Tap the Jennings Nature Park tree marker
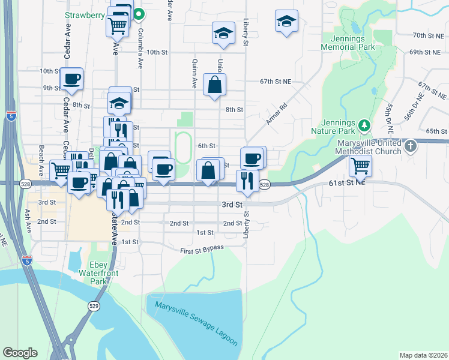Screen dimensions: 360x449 click(x=363, y=125)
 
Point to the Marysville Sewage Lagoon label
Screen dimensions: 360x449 click(x=196, y=323)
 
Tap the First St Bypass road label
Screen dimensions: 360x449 click(x=202, y=248)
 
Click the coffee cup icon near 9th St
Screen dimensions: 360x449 click(x=71, y=79)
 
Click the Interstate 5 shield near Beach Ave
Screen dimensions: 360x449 click(x=11, y=116)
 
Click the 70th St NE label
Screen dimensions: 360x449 click(x=427, y=35)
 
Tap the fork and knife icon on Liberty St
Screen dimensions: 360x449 click(x=247, y=180)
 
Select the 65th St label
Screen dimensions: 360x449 click(x=436, y=131)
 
